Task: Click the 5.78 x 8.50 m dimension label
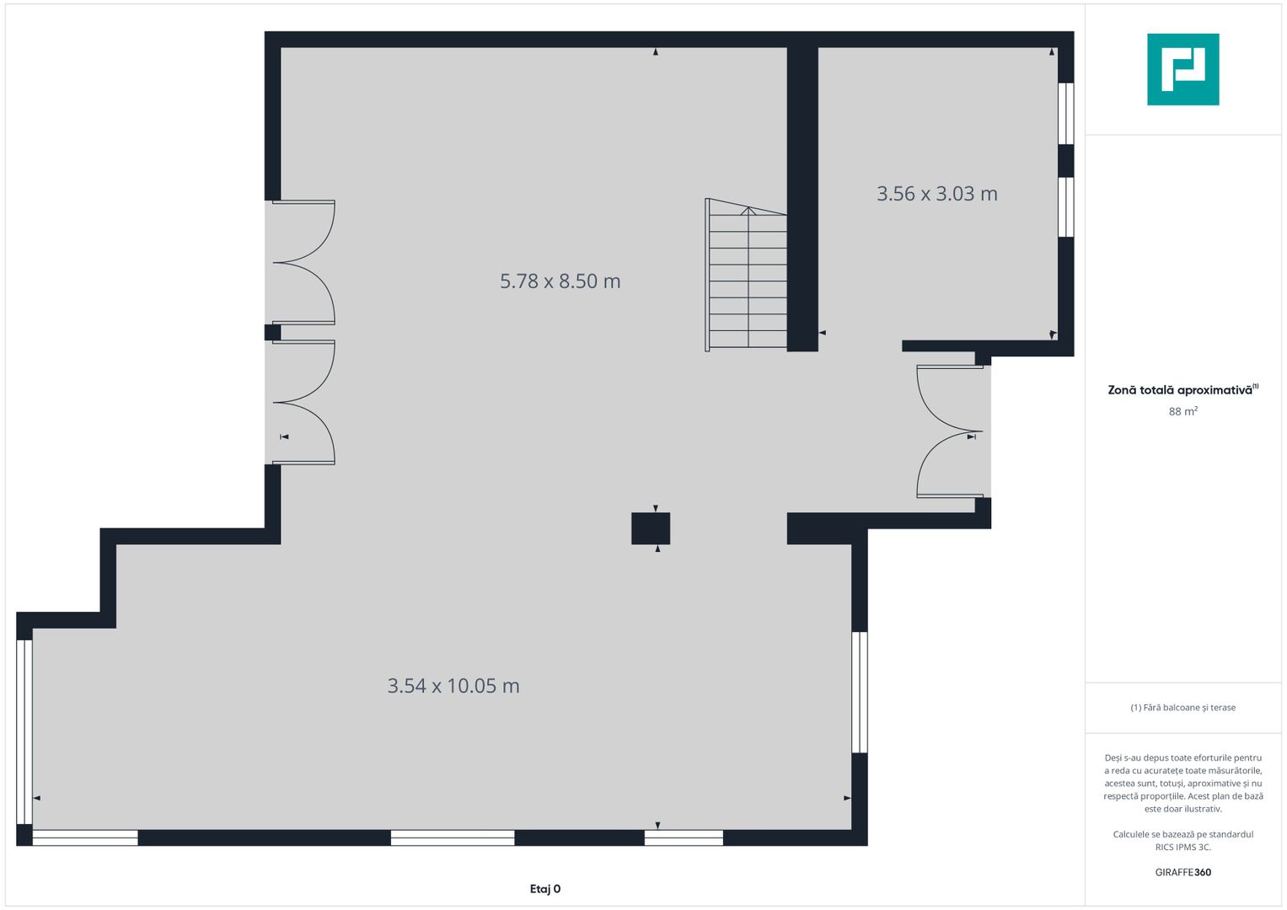coord(560,281)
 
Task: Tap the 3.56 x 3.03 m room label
coord(936,194)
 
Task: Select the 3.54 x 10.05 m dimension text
coord(453,685)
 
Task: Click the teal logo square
coord(1183,69)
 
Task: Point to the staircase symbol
coord(746,275)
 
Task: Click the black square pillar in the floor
coord(651,528)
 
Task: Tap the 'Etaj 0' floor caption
coord(544,889)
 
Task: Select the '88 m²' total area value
coord(1183,411)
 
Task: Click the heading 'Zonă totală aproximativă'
coord(1180,390)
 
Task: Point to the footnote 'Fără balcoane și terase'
coord(1188,707)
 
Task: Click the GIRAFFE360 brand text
coord(1183,872)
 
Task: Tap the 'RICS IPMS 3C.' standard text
coord(1183,847)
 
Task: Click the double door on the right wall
coord(951,431)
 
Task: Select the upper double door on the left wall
coord(304,263)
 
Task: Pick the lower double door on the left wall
coord(304,402)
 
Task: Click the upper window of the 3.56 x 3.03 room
coord(1066,113)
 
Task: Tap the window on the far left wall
coord(24,731)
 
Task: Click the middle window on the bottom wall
coord(453,838)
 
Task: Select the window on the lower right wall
coord(860,693)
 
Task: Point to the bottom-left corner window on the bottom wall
coord(85,838)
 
